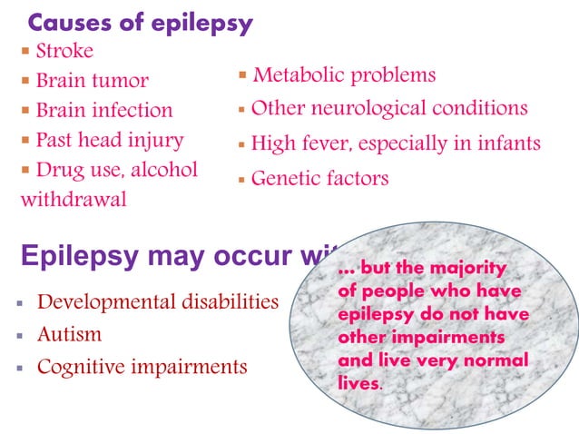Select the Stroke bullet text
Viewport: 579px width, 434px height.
(64, 51)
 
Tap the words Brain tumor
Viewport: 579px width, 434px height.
(92, 81)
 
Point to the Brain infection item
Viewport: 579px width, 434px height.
(103, 111)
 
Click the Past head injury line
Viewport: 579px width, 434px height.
(109, 141)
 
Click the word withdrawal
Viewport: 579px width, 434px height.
(74, 200)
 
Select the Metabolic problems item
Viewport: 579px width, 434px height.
(344, 74)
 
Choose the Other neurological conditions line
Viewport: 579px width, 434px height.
(388, 108)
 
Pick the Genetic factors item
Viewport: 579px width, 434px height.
(319, 178)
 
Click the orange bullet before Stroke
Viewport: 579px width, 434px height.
(25, 52)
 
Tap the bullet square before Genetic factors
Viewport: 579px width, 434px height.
(241, 180)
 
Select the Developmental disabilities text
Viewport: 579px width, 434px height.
(157, 301)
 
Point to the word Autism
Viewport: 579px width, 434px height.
(69, 334)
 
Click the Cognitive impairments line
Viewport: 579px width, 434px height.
(142, 367)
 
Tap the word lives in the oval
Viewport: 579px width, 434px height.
(358, 382)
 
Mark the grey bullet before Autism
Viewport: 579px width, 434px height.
(18, 335)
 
